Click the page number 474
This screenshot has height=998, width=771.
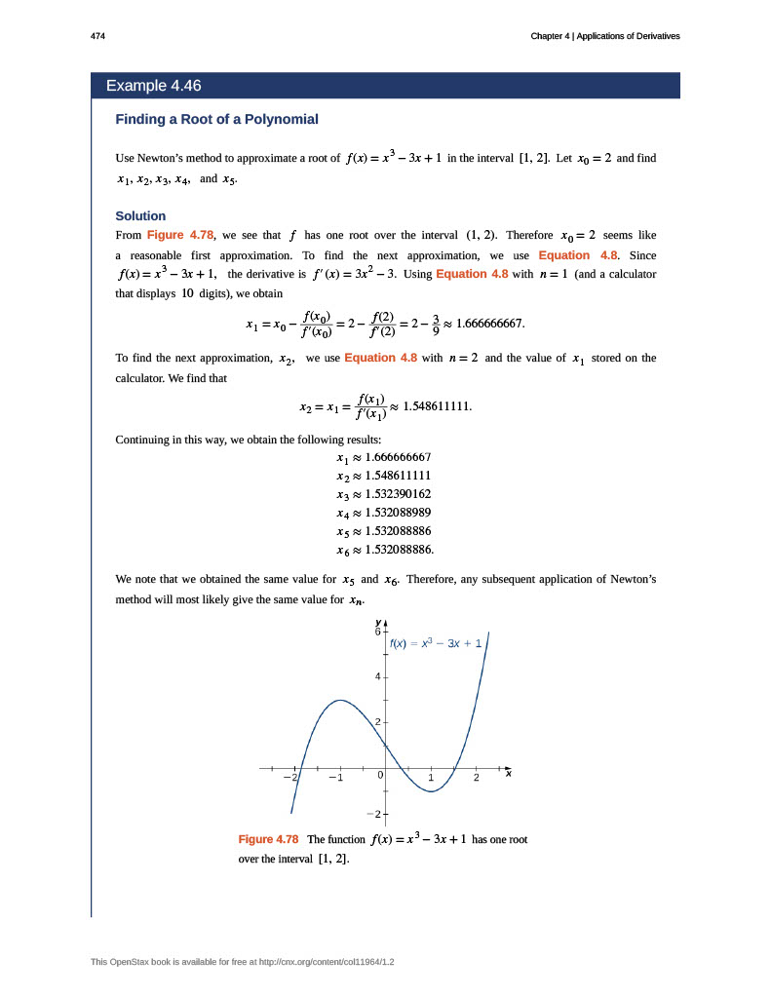(x=97, y=36)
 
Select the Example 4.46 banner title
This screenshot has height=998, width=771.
(x=153, y=86)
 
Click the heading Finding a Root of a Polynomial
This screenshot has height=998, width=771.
(x=216, y=119)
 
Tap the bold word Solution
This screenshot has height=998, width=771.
(x=140, y=215)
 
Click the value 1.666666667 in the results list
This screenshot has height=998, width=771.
(x=398, y=456)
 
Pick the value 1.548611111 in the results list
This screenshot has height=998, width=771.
(x=398, y=475)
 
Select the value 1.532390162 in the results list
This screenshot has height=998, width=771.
(x=398, y=493)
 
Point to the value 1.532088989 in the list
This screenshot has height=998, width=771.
(x=398, y=512)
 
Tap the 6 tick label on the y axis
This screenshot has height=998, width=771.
(x=379, y=632)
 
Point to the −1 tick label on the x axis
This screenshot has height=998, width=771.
(x=334, y=778)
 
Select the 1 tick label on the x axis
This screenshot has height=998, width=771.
(x=431, y=778)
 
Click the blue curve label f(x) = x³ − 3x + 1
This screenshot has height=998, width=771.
(x=436, y=643)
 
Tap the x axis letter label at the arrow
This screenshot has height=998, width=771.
(x=509, y=773)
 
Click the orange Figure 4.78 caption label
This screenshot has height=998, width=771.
(x=268, y=839)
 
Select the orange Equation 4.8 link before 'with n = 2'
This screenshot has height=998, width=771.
(x=380, y=358)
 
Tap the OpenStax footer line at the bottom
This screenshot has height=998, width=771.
(x=242, y=962)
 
